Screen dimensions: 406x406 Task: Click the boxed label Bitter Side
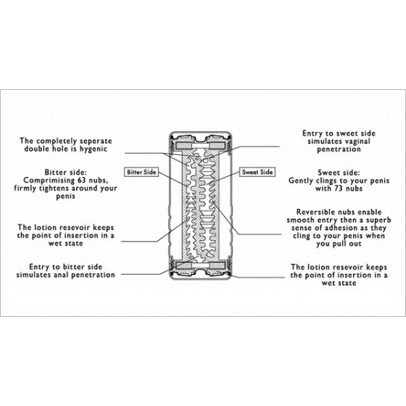click(141, 173)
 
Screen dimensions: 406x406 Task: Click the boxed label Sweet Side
click(257, 173)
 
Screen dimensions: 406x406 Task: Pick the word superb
click(378, 220)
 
